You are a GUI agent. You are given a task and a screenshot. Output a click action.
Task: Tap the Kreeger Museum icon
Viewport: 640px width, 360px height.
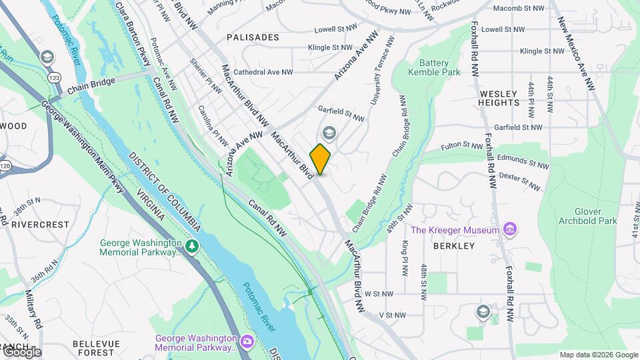tap(511, 230)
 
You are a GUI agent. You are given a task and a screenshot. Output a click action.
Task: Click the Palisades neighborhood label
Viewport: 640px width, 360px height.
tap(252, 37)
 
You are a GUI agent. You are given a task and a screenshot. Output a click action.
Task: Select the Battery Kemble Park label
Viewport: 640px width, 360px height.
tap(434, 67)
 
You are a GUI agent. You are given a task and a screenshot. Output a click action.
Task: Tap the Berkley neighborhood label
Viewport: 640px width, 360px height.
tap(453, 246)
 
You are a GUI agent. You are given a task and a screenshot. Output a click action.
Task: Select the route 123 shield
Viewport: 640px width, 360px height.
tap(54, 78)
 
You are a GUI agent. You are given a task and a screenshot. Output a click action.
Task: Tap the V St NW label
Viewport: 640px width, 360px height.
tap(392, 315)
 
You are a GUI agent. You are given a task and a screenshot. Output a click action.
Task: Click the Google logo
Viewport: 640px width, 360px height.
tap(21, 351)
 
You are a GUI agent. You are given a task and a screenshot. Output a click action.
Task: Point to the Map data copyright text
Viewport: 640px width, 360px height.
tap(599, 355)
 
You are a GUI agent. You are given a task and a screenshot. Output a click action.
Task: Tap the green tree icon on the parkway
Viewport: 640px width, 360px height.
tap(192, 247)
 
